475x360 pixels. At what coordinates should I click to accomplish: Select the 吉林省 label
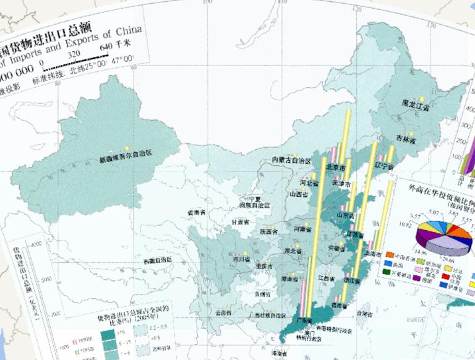pos(406,140)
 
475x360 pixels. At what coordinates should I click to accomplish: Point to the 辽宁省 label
pos(384,167)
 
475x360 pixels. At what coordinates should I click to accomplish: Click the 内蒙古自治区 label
pos(291,160)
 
